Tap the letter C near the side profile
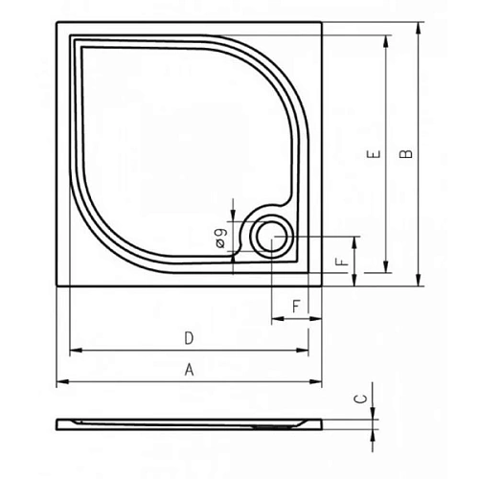[x=359, y=399]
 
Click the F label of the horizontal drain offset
[x=296, y=307]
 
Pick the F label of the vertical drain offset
[x=340, y=260]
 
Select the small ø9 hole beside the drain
[x=233, y=255]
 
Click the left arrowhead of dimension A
[x=60, y=382]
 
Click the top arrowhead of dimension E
[x=387, y=39]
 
